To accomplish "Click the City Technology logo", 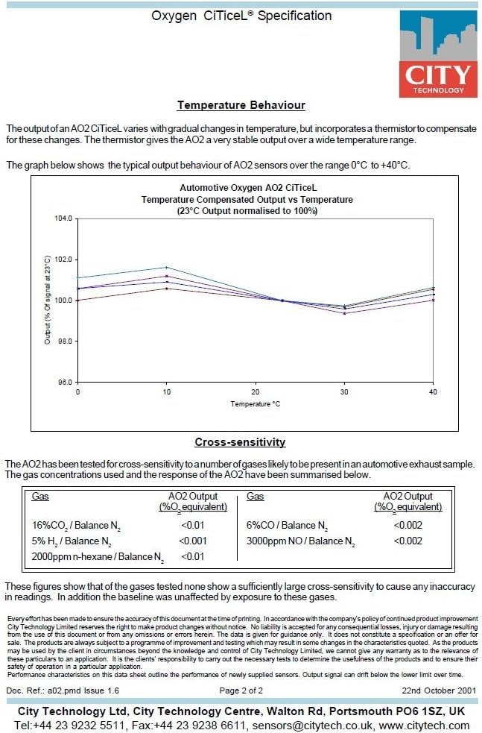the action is (x=438, y=54).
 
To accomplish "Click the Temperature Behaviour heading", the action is (x=241, y=105).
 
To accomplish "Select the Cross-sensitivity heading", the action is (x=240, y=442).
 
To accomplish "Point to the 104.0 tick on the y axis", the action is (x=63, y=218).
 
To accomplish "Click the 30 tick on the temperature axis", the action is (x=344, y=391).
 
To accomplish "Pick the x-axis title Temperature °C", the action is (x=255, y=404).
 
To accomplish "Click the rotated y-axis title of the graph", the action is (x=47, y=300).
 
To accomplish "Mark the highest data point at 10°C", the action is (x=167, y=268).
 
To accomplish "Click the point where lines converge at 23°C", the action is (x=282, y=300).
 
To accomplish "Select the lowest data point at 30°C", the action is (x=344, y=313).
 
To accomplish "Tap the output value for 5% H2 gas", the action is (x=192, y=541).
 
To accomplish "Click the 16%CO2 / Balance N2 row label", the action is (x=76, y=526).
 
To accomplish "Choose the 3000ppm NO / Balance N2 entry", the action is (x=301, y=541).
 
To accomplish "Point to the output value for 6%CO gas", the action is (x=408, y=526).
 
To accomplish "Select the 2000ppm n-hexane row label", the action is (x=98, y=557).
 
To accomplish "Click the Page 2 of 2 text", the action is (x=241, y=690).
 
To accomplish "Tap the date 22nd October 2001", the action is (x=439, y=690).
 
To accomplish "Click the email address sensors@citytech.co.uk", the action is (x=312, y=726).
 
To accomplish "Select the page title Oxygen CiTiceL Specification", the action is (x=241, y=16).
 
